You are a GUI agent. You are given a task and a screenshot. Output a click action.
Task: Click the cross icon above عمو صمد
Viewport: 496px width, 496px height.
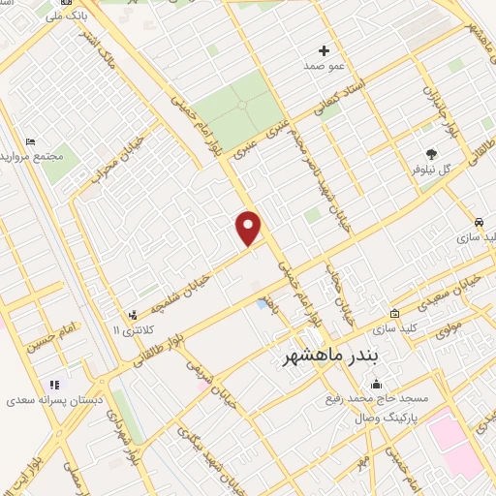324,50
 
